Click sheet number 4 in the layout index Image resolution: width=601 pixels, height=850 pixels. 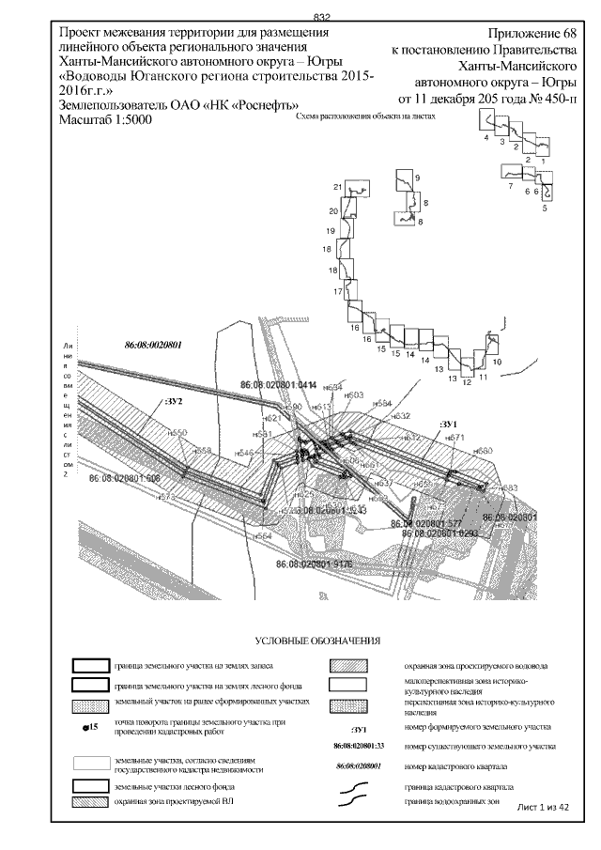pyautogui.click(x=486, y=137)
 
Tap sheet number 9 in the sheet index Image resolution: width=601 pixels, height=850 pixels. pyautogui.click(x=417, y=178)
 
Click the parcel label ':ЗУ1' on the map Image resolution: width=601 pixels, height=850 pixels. pyautogui.click(x=448, y=425)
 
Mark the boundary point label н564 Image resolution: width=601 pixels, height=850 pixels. pyautogui.click(x=262, y=535)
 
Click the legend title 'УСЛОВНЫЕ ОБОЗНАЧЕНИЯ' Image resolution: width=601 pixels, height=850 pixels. pyautogui.click(x=324, y=641)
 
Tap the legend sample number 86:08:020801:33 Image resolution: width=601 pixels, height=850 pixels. pyautogui.click(x=360, y=746)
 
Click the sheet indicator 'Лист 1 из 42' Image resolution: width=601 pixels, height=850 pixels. pyautogui.click(x=544, y=806)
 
